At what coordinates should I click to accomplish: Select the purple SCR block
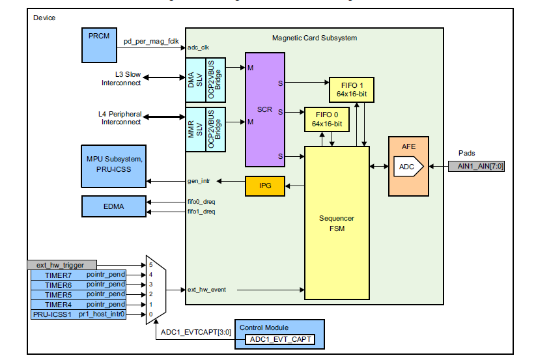pyautogui.click(x=264, y=109)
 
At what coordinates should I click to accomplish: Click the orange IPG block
pyautogui.click(x=264, y=186)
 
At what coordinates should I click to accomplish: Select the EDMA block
pyautogui.click(x=113, y=206)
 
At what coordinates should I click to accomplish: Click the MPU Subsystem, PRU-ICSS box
pyautogui.click(x=113, y=165)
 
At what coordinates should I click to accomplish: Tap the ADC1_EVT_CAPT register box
pyautogui.click(x=279, y=339)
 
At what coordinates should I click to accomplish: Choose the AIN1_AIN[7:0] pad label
pyautogui.click(x=476, y=167)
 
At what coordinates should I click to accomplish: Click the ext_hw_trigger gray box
pyautogui.click(x=62, y=265)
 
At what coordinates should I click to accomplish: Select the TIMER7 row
pyautogui.click(x=78, y=275)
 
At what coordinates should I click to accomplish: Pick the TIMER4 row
pyautogui.click(x=78, y=305)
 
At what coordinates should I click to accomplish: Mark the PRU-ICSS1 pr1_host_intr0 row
pyautogui.click(x=78, y=314)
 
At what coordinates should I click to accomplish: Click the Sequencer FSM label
pyautogui.click(x=337, y=224)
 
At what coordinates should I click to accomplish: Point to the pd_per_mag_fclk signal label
pyautogui.click(x=151, y=42)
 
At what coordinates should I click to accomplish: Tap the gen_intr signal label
pyautogui.click(x=198, y=180)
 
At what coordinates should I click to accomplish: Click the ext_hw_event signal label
pyautogui.click(x=206, y=289)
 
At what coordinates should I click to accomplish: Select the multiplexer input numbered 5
pyautogui.click(x=150, y=265)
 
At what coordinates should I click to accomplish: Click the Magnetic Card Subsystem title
pyautogui.click(x=314, y=38)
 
